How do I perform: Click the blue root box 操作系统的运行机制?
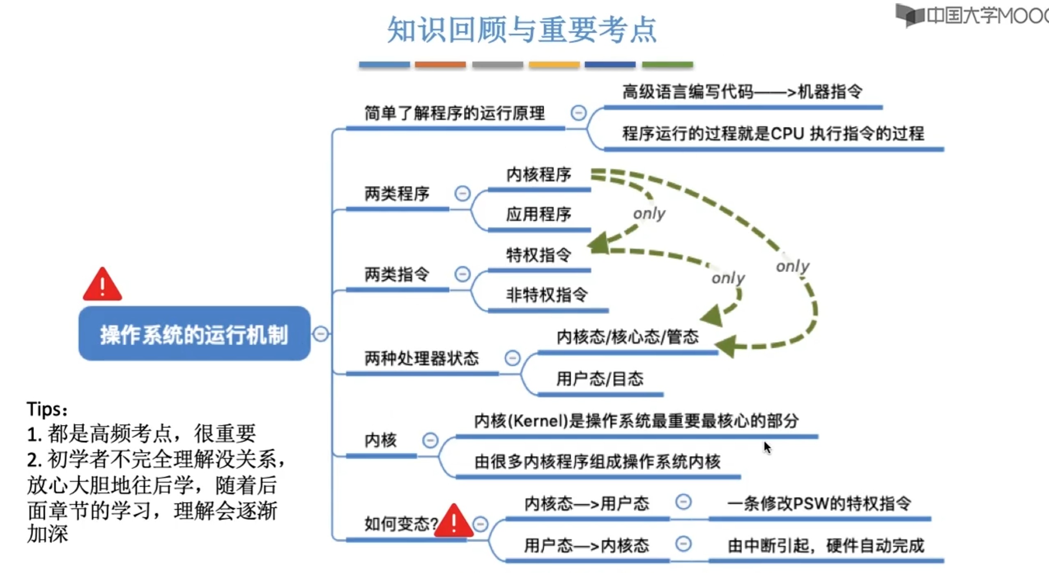click(x=194, y=334)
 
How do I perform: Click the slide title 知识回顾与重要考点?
click(x=522, y=30)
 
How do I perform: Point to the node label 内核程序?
click(x=538, y=175)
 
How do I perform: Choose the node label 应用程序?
click(x=538, y=214)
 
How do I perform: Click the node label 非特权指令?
click(x=547, y=295)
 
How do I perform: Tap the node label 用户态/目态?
click(x=600, y=378)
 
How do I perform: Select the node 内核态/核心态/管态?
click(x=627, y=337)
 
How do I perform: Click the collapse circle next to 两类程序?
click(x=462, y=193)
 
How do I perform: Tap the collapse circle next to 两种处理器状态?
click(x=512, y=358)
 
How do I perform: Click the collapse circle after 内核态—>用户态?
click(x=683, y=502)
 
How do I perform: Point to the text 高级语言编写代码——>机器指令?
click(x=742, y=92)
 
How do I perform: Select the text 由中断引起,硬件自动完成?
click(x=826, y=545)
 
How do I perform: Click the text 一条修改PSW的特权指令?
click(x=819, y=504)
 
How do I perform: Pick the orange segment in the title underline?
click(x=440, y=64)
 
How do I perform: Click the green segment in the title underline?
click(x=667, y=64)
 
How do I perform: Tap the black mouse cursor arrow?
click(x=767, y=447)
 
